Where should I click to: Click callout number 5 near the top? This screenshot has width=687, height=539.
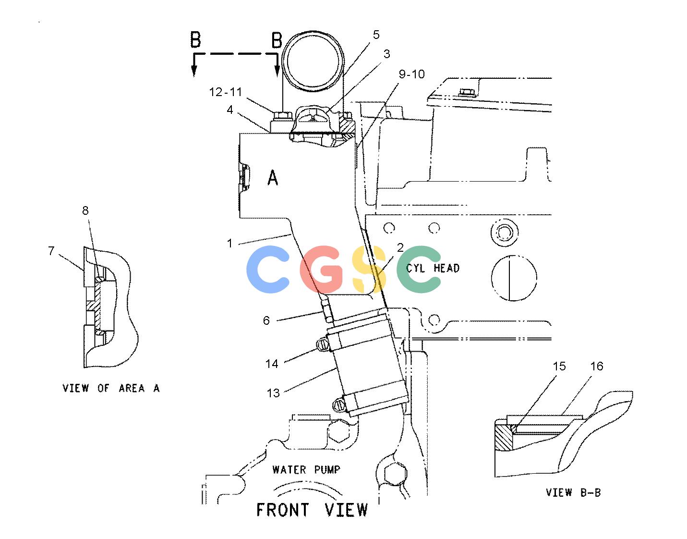(376, 35)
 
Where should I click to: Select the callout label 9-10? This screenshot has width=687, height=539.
(411, 74)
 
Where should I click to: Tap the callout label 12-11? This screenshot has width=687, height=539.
(226, 92)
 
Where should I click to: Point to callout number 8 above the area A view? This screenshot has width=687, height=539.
(85, 210)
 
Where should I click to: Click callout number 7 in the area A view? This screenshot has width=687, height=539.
(51, 250)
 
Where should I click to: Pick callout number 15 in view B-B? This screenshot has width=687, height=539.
(559, 366)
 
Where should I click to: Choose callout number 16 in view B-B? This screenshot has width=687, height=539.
(597, 366)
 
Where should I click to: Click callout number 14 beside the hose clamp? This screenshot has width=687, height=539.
(272, 364)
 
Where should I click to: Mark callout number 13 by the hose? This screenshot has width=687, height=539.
(273, 393)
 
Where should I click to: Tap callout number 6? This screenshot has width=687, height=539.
(266, 320)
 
